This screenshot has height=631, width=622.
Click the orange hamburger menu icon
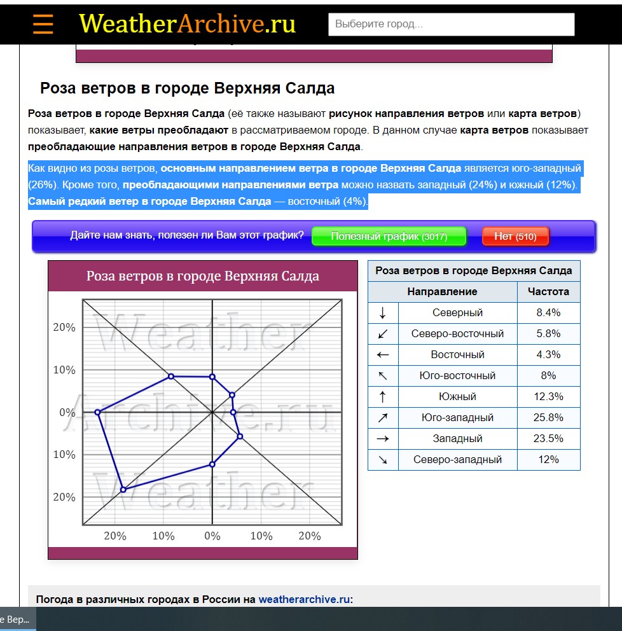[43, 24]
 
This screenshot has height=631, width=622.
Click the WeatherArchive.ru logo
[187, 24]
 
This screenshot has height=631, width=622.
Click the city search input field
[451, 24]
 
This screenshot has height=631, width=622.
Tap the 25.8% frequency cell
[548, 418]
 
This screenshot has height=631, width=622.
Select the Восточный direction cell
[457, 355]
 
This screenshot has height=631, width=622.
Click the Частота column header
[548, 292]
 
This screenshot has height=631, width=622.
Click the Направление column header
[442, 292]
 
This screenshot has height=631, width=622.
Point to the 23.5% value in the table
[548, 439]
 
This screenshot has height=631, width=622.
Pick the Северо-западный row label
[457, 460]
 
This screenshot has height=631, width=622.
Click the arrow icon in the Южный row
[383, 397]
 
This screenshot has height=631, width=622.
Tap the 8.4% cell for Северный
[548, 313]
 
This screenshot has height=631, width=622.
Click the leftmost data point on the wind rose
[97, 412]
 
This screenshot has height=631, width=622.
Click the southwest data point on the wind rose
[123, 490]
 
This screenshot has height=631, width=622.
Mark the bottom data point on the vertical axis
[212, 464]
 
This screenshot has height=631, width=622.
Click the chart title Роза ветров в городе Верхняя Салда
[203, 276]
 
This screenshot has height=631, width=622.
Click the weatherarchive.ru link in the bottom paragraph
[304, 599]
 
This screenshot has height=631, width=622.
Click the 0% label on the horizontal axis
[212, 536]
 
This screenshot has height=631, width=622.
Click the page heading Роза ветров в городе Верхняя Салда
[187, 88]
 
